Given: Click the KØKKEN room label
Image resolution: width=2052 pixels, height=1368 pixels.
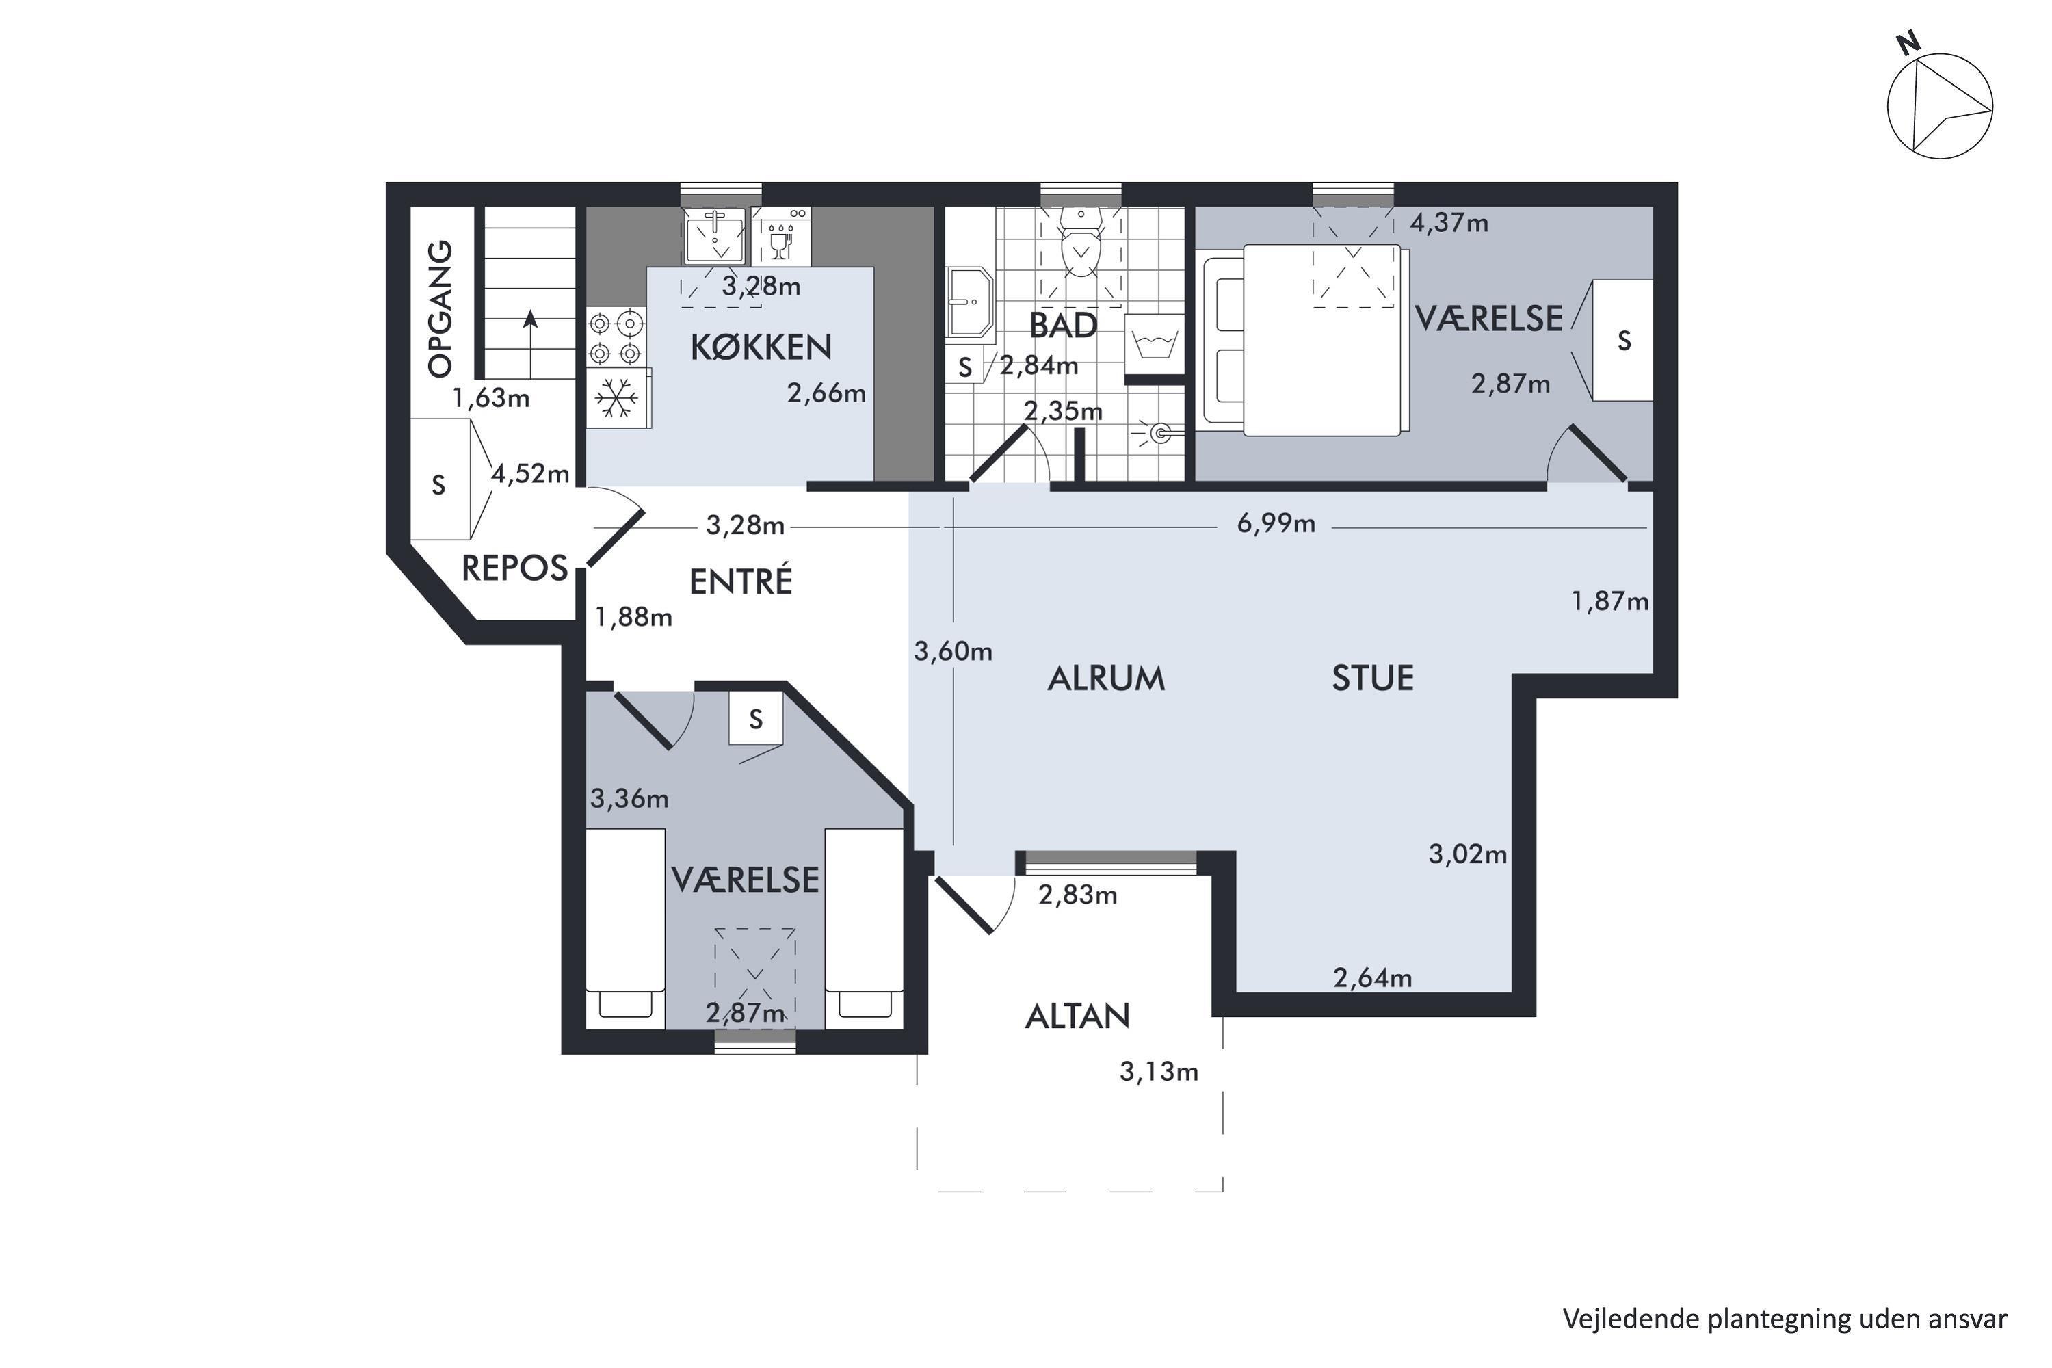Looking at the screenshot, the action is (x=761, y=347).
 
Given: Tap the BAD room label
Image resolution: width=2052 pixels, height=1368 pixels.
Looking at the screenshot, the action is (x=1063, y=326).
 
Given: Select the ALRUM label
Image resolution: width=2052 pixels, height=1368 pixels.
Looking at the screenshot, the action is (x=1106, y=678).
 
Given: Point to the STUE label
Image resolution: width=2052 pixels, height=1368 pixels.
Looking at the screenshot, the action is (x=1372, y=678).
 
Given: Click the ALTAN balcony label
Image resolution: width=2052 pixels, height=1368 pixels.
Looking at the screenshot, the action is (x=1077, y=1016).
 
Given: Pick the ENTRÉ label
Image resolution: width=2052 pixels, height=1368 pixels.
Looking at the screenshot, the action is (x=741, y=581).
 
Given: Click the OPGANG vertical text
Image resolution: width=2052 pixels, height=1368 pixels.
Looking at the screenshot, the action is (x=440, y=309).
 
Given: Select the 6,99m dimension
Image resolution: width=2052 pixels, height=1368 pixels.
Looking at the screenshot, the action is (x=1276, y=523).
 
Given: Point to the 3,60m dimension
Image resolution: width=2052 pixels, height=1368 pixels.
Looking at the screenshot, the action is (x=953, y=651).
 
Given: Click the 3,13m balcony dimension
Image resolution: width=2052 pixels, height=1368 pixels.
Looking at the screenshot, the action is (x=1159, y=1071).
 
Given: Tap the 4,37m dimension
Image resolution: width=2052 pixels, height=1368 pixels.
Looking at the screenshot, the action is (x=1449, y=222).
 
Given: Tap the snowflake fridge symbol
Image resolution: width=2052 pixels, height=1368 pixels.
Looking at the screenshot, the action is (x=617, y=398).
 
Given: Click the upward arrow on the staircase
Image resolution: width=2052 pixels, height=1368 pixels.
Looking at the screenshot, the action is (x=529, y=345).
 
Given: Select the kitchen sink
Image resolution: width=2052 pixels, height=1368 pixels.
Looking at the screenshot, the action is (x=715, y=235).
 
